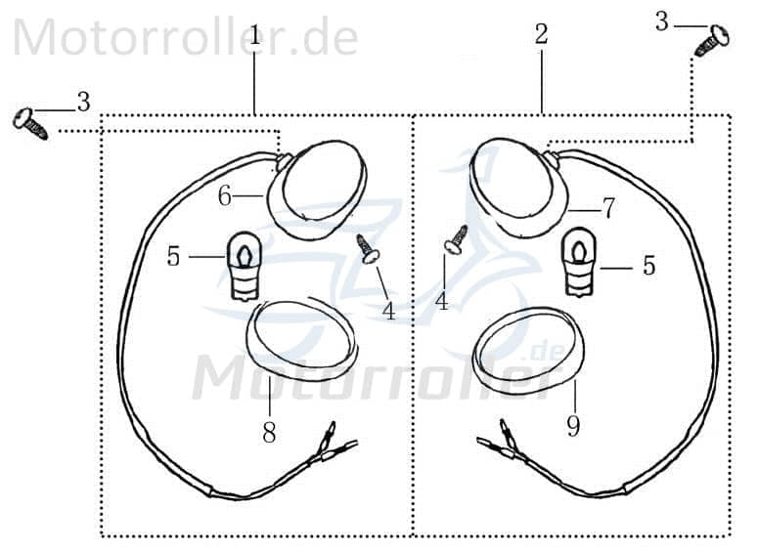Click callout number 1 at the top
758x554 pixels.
[255, 36]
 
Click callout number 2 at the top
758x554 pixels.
[541, 35]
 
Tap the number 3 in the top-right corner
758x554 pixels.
[662, 21]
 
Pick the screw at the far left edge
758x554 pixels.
[29, 124]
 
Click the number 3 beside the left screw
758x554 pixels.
[83, 101]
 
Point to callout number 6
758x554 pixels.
[225, 196]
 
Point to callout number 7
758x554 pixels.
[608, 207]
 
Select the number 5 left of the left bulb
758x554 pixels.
[173, 257]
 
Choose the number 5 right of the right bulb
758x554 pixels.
[648, 266]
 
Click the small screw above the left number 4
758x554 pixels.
[369, 248]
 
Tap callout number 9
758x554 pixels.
[573, 426]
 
